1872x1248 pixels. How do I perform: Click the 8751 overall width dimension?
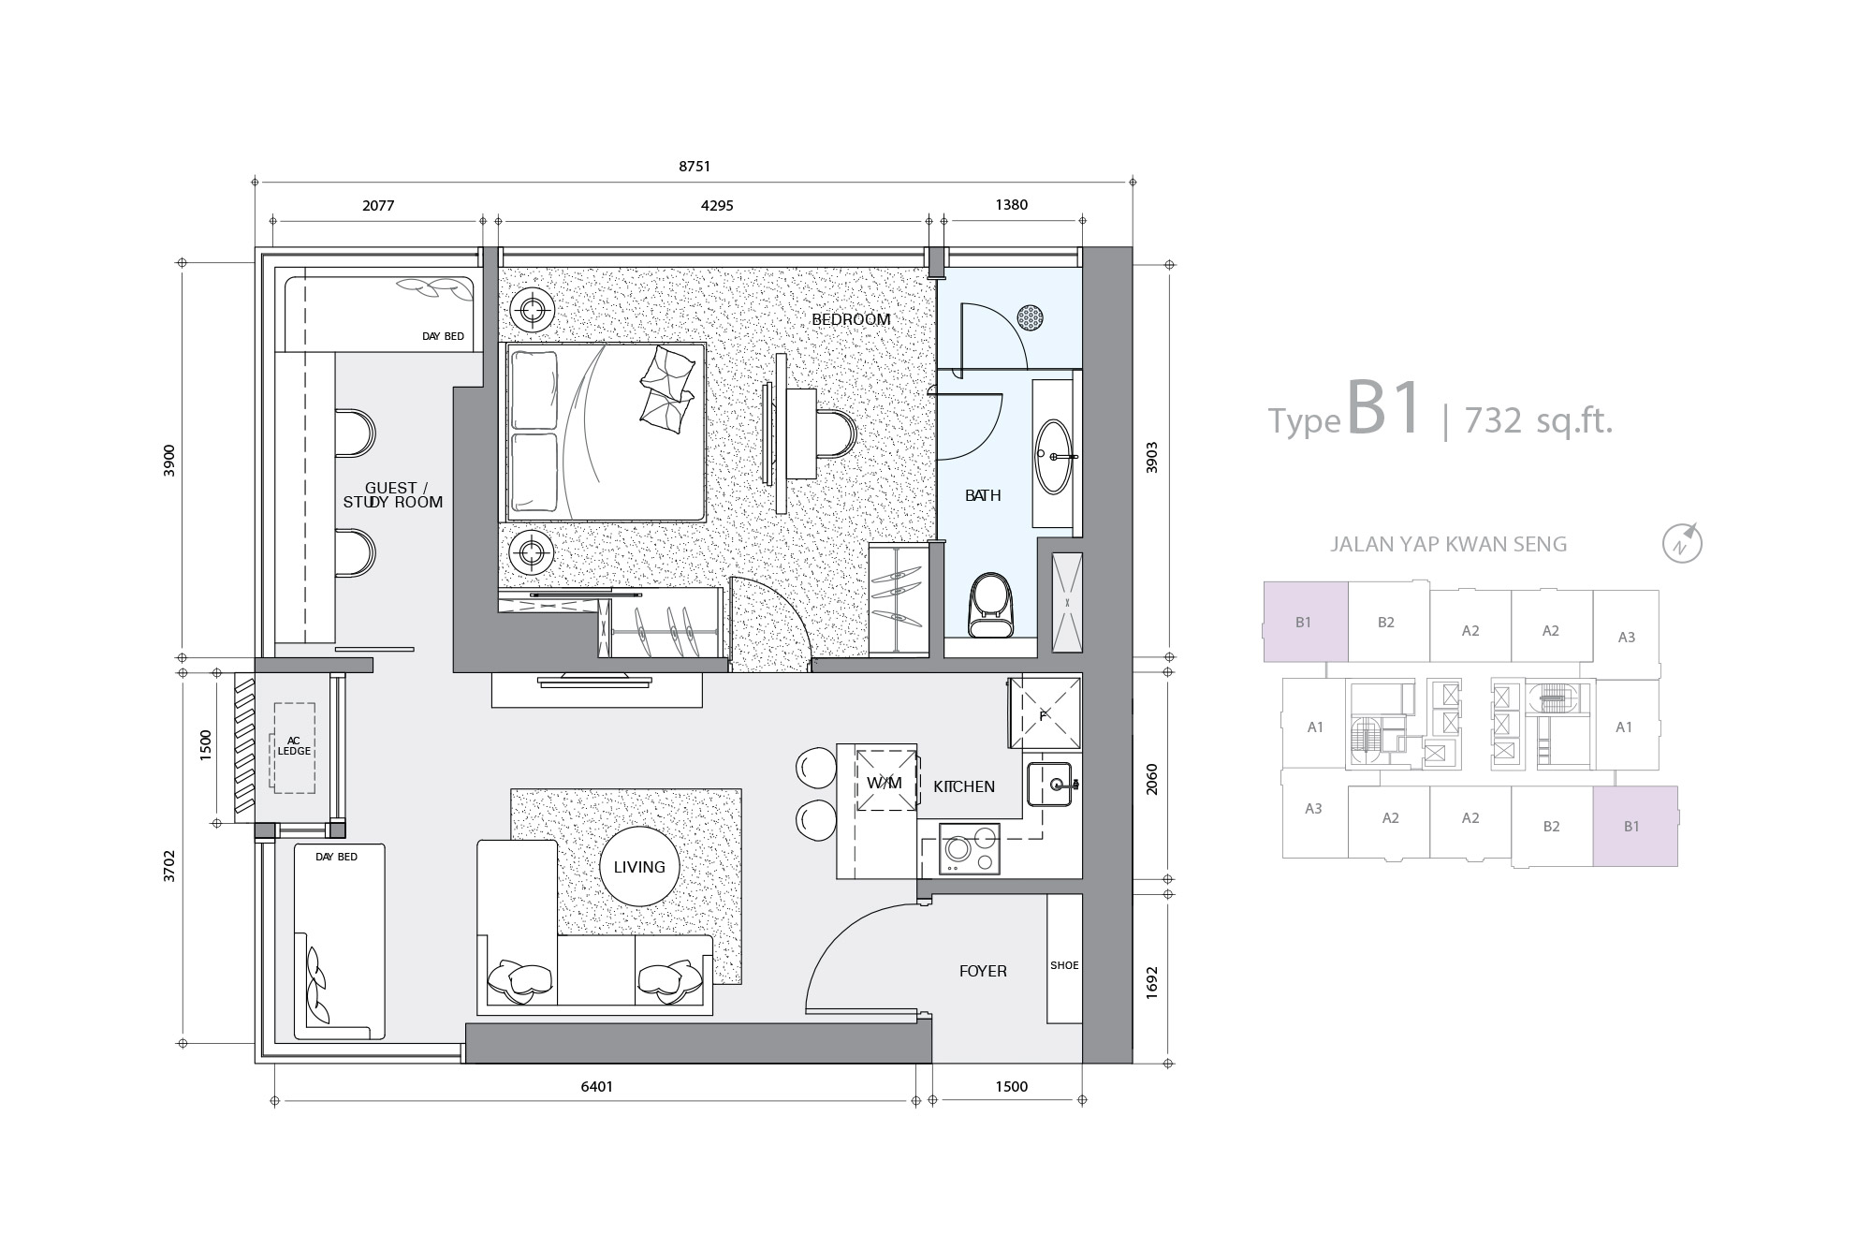click(x=695, y=167)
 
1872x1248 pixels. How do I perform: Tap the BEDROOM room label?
click(x=851, y=319)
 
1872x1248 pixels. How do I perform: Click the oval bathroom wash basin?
click(x=1054, y=456)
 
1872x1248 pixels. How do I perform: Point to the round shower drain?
click(x=1031, y=317)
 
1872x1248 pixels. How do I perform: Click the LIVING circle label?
click(x=639, y=867)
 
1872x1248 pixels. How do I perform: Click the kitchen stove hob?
click(x=969, y=849)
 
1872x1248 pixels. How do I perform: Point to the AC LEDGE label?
click(x=294, y=745)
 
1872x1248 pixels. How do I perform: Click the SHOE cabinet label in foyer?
click(x=1064, y=965)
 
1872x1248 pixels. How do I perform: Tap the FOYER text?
click(x=983, y=972)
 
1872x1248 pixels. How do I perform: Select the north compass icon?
click(x=1682, y=544)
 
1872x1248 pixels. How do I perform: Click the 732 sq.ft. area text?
click(x=1539, y=421)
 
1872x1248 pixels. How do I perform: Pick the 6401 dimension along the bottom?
click(x=597, y=1087)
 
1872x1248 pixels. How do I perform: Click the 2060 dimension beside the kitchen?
click(x=1152, y=780)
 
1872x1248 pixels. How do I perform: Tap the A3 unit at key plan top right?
click(x=1627, y=638)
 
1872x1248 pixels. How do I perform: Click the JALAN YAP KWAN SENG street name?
click(x=1448, y=544)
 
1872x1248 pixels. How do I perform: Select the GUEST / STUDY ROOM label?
click(x=393, y=495)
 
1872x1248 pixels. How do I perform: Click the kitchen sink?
click(x=1049, y=785)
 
